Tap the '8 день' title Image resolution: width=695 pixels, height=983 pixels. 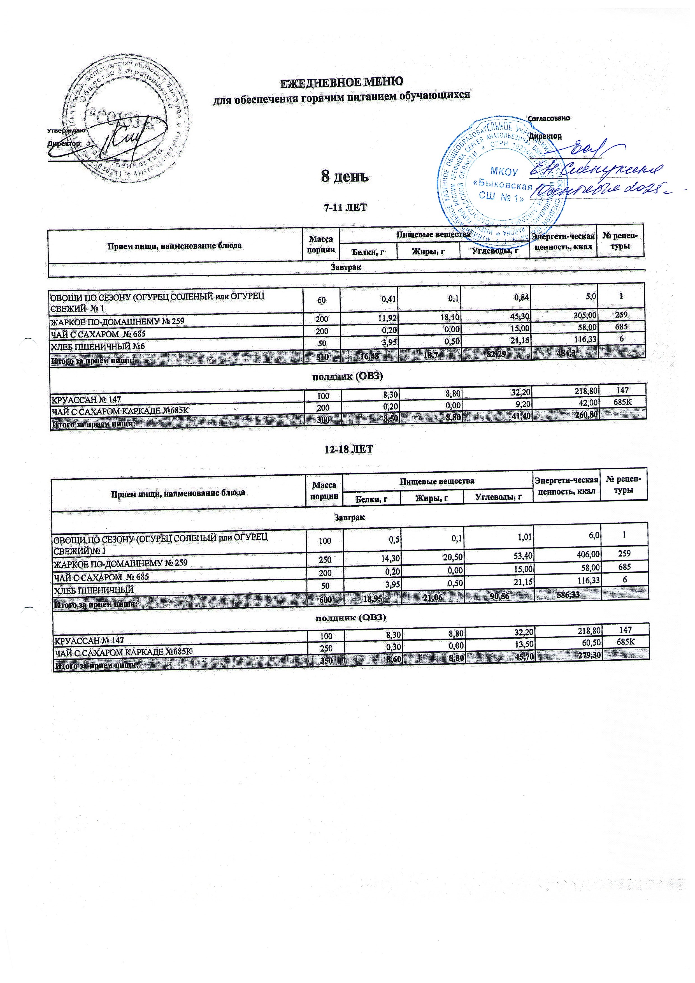(345, 176)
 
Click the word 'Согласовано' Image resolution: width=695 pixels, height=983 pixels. (549, 118)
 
